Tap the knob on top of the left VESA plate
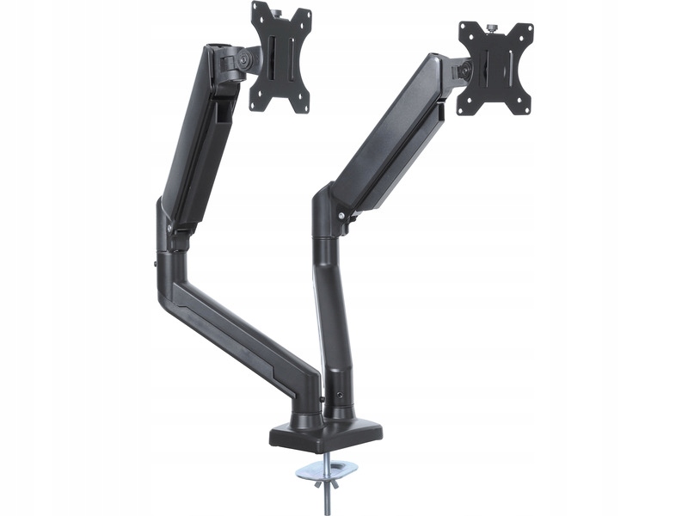pyautogui.click(x=276, y=7)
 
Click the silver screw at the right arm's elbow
pyautogui.click(x=341, y=215)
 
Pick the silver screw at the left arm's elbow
pyautogui.click(x=169, y=227)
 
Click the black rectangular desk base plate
pyautogui.click(x=327, y=434)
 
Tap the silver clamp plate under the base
pyautogui.click(x=327, y=470)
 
